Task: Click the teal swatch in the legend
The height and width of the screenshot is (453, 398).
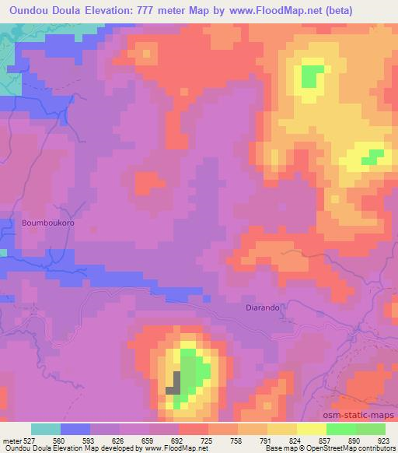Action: (46, 429)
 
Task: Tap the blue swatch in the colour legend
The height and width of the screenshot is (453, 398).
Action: (75, 429)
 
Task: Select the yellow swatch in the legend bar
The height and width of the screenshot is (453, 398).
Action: (311, 429)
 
